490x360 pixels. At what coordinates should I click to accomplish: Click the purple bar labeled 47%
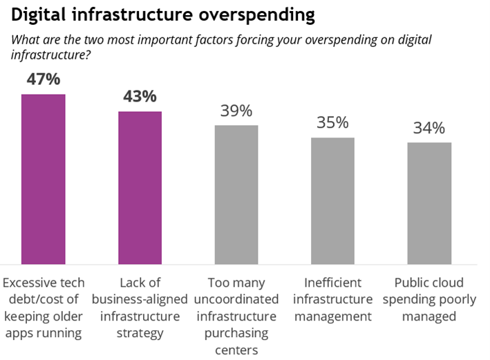43,180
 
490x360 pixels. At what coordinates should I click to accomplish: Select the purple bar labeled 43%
140,188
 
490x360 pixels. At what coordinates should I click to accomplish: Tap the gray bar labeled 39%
236,195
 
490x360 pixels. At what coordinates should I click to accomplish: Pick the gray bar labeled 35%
332,201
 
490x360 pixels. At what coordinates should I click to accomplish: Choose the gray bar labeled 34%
429,203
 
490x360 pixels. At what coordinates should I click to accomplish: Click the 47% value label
43,79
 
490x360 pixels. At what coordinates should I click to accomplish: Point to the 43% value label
140,97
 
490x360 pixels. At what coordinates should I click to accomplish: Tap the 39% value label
236,111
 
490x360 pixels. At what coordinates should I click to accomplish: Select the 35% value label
332,123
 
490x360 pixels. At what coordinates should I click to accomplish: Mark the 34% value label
429,128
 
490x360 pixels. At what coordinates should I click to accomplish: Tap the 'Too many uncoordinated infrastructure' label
236,308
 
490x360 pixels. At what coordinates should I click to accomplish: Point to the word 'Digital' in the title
39,14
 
